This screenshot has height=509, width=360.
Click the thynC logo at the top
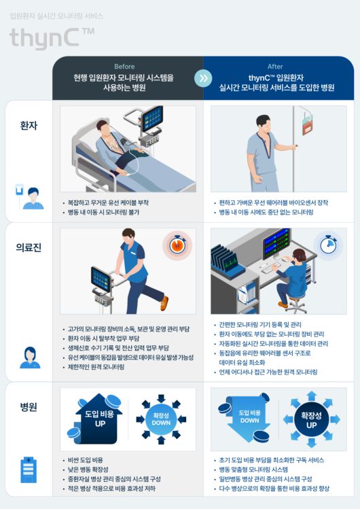coord(52,38)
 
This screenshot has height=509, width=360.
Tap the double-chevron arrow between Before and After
coord(203,78)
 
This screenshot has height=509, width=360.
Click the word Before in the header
coord(124,67)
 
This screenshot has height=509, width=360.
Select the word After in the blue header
coord(275,67)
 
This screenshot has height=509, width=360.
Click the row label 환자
coord(29,125)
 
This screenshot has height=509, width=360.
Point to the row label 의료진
coord(29,247)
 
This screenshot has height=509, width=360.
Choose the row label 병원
coord(29,407)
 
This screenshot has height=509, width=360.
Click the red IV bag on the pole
coord(307,125)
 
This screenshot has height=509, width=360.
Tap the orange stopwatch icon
coord(177,245)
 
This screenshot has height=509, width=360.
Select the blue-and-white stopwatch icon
coord(328,245)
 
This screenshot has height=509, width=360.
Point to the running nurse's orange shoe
coord(165,302)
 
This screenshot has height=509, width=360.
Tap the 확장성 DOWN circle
coord(161,419)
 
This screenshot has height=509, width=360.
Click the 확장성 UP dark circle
coord(311,419)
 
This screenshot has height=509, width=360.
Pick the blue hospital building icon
coord(29,470)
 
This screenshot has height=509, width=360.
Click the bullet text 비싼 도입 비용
coord(86,460)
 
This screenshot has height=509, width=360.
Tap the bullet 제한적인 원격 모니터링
coord(96,367)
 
